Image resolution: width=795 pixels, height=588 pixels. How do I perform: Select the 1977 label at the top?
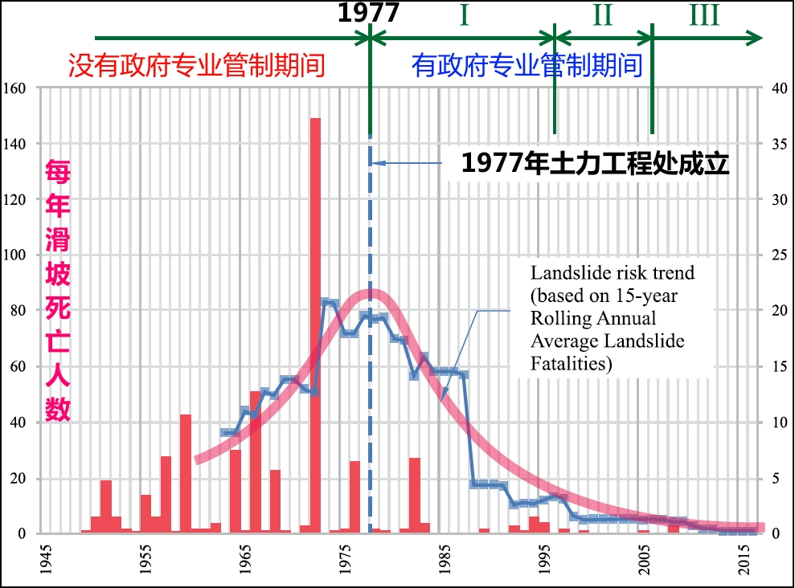[368, 14]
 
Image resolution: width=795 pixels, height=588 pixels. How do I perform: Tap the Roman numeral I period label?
[464, 15]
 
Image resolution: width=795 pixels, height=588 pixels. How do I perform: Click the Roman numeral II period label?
[603, 15]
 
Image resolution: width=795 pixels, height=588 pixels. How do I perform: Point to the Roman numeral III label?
[704, 15]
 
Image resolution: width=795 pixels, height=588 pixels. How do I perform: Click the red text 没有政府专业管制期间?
[196, 65]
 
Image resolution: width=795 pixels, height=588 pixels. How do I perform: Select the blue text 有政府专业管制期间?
[527, 65]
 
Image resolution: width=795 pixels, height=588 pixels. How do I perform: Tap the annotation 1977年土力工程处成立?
[595, 163]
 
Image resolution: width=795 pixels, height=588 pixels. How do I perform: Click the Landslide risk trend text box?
[612, 318]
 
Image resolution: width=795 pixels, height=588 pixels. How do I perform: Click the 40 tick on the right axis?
[777, 88]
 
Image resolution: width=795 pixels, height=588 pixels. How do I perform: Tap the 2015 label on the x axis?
[745, 561]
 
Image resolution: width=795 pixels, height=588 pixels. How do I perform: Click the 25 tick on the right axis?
[777, 255]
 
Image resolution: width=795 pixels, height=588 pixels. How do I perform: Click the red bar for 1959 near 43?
[186, 473]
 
